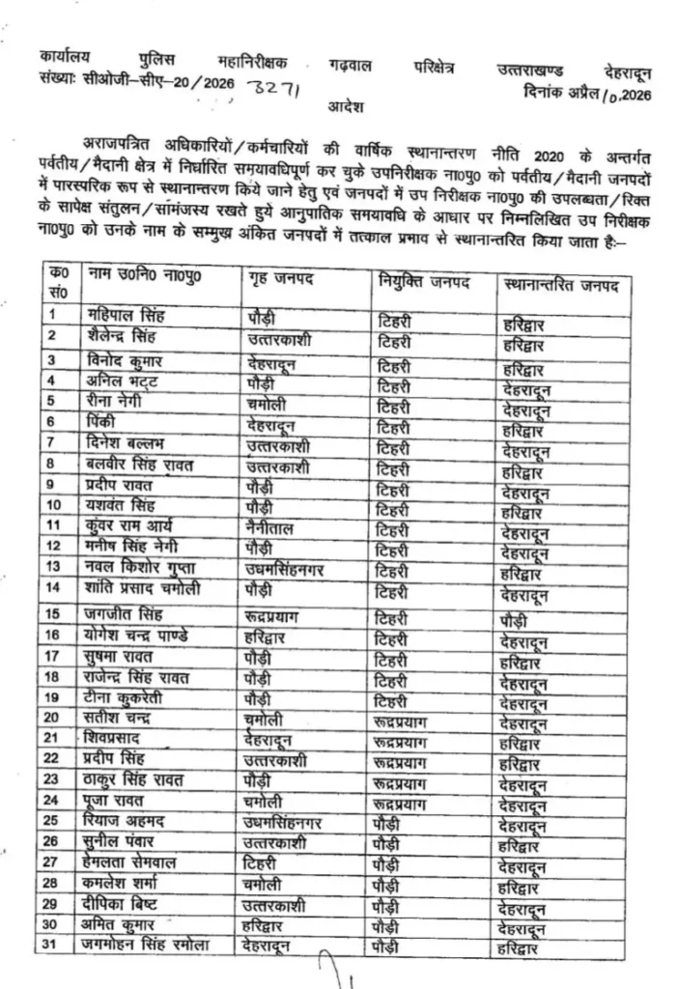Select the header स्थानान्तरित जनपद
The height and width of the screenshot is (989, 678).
click(x=561, y=286)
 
